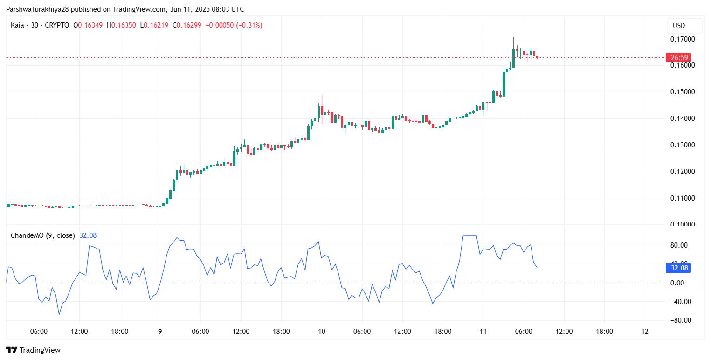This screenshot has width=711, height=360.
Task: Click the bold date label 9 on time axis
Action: tap(160, 332)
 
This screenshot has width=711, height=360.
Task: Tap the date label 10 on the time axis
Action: tap(322, 332)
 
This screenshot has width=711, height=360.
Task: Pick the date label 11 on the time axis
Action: tap(483, 332)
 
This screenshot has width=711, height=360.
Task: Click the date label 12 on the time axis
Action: tap(645, 332)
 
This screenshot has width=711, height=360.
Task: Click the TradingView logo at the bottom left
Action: tap(33, 350)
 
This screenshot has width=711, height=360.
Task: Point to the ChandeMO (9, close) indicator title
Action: tap(42, 235)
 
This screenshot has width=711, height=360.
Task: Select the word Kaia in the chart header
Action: tap(18, 25)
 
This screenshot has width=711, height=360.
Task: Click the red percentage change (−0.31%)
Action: tap(249, 25)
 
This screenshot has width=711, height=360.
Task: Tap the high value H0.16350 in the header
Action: tap(121, 25)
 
